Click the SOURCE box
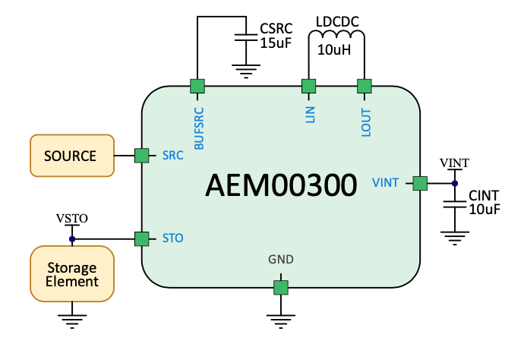pyautogui.click(x=71, y=156)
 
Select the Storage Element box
pyautogui.click(x=72, y=274)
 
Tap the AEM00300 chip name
pyautogui.click(x=281, y=185)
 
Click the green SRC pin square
pyautogui.click(x=141, y=156)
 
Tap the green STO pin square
pyautogui.click(x=141, y=239)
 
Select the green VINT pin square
pyautogui.click(x=419, y=183)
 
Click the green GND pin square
pyautogui.click(x=281, y=287)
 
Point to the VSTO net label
pyautogui.click(x=72, y=219)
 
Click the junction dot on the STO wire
pyautogui.click(x=72, y=239)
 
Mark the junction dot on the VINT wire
pyautogui.click(x=455, y=183)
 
